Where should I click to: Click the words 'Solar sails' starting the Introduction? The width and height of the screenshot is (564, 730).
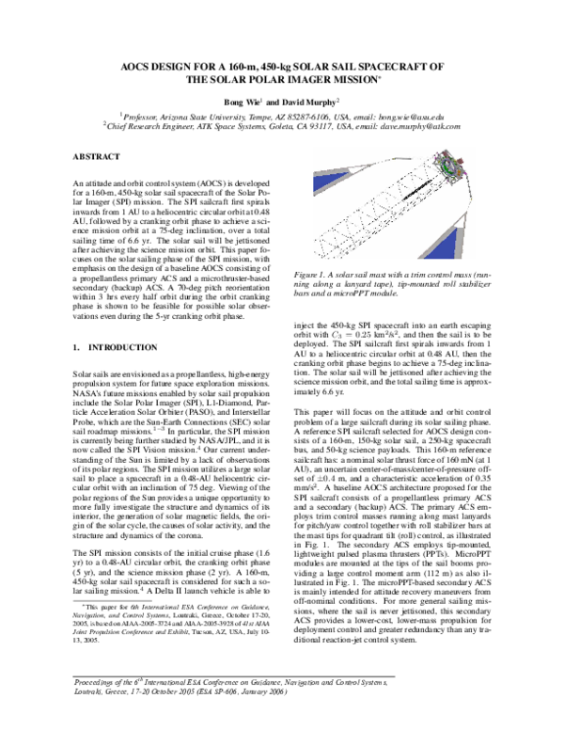tap(92, 373)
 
